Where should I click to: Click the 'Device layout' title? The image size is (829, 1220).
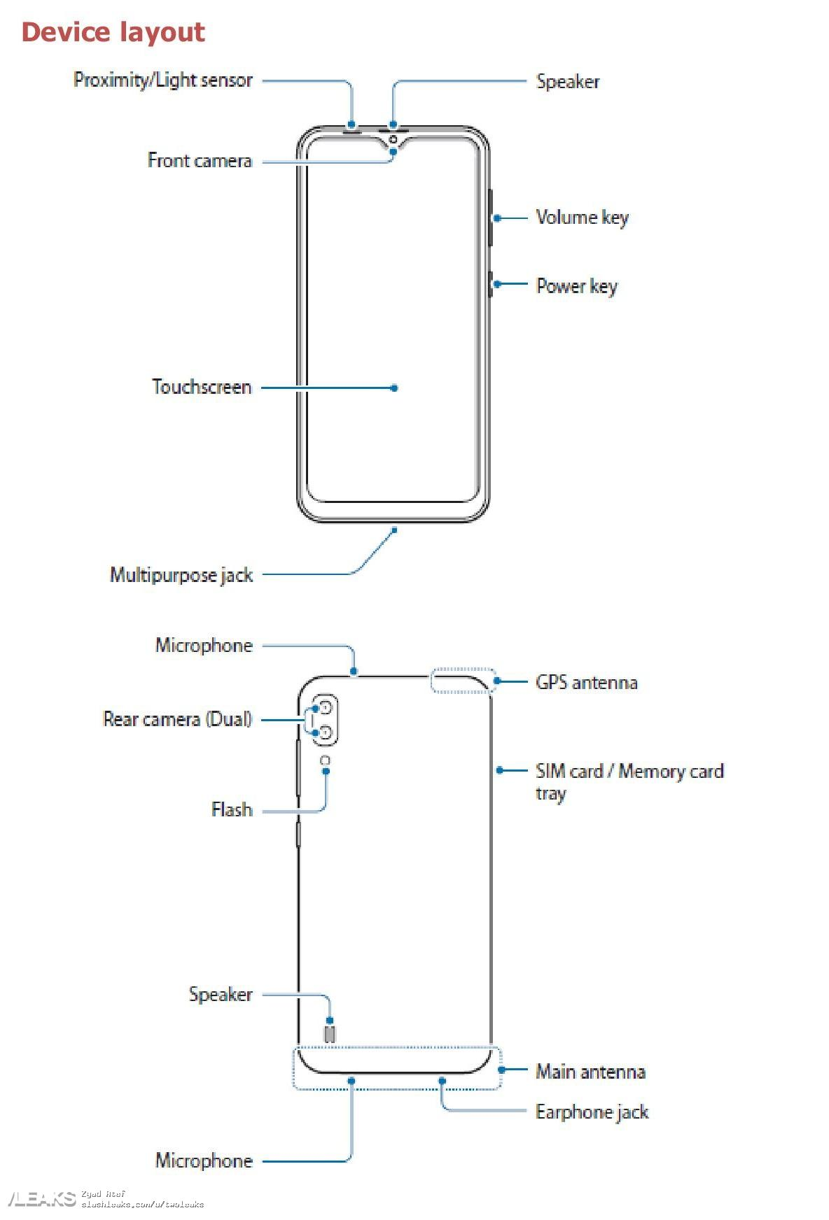113,32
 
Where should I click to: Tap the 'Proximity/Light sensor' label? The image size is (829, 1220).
162,80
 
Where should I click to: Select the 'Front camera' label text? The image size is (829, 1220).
200,161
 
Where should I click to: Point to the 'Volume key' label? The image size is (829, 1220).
582,218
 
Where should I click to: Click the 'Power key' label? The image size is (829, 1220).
576,286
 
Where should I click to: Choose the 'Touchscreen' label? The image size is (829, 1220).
202,387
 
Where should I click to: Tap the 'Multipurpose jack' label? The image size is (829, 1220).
181,575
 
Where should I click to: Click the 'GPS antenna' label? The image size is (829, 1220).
586,682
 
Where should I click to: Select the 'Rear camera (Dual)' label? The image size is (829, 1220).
177,719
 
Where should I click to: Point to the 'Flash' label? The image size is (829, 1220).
232,809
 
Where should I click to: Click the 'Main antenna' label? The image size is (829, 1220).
590,1071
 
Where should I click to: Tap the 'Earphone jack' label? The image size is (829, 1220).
592,1112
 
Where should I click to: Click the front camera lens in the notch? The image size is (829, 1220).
393,139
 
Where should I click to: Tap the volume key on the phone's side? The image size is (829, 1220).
489,218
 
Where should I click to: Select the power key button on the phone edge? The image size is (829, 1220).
490,284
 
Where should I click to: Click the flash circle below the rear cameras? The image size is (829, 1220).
325,760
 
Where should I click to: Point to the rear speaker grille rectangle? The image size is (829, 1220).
330,1034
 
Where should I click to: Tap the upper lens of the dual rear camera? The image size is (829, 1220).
325,709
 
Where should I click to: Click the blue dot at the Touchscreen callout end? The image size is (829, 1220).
394,388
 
